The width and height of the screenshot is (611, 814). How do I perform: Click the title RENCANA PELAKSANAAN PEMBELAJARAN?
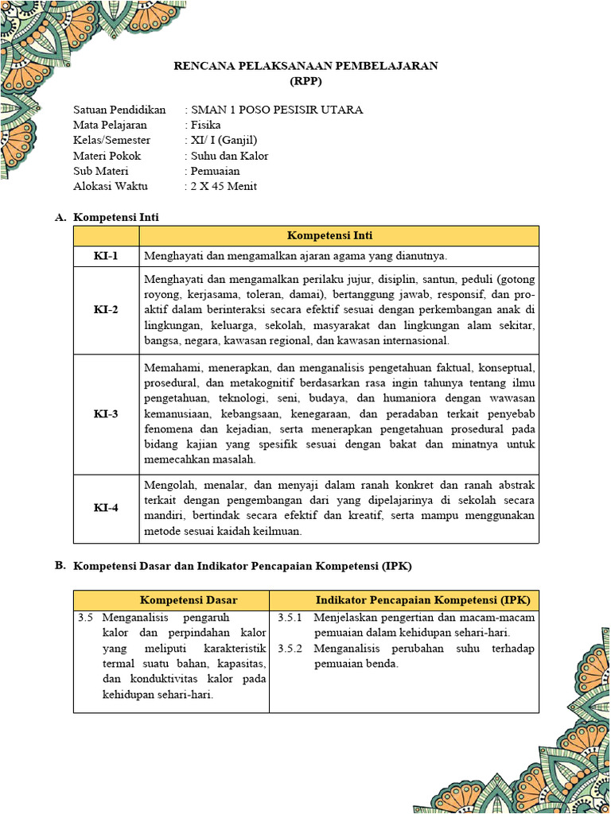click(305, 66)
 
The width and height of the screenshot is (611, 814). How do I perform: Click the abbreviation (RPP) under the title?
click(305, 80)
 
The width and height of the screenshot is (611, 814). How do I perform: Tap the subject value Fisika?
click(206, 125)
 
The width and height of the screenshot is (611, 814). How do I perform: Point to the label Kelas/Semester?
click(111, 141)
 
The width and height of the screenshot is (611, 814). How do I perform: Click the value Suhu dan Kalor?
click(229, 156)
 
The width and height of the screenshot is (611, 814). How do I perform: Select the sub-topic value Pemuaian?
click(215, 171)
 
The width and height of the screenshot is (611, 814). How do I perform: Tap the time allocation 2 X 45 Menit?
click(224, 187)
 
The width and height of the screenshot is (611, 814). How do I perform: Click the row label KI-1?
click(106, 256)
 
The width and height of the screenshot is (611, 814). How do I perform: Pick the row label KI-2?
click(106, 310)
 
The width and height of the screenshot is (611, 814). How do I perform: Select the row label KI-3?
click(106, 414)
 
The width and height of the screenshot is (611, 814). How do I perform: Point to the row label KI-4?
click(106, 509)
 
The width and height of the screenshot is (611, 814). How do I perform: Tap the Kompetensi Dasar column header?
click(189, 600)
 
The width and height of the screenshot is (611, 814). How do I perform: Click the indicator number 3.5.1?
click(290, 618)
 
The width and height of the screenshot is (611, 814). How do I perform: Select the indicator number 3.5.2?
click(290, 649)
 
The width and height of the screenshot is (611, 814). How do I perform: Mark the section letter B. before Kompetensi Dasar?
click(60, 566)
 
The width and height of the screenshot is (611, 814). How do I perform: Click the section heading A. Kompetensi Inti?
click(115, 217)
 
